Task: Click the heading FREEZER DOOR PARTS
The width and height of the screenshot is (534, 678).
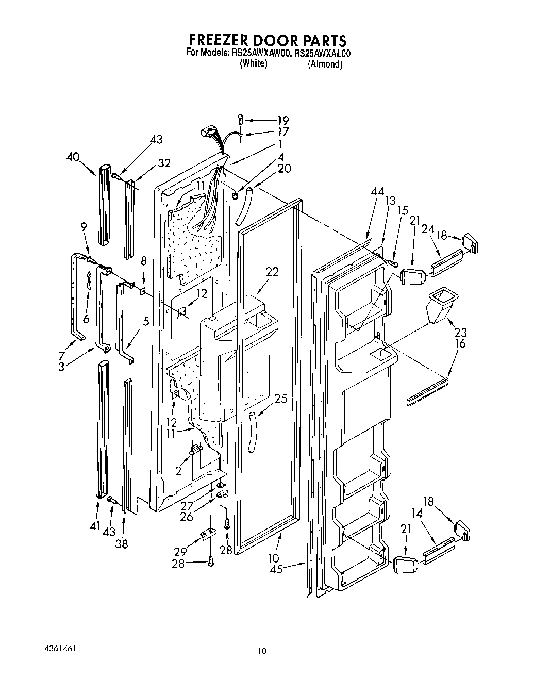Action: pos(266,40)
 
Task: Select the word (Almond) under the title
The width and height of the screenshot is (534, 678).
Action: pos(325,64)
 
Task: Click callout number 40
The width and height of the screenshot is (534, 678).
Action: pos(74,157)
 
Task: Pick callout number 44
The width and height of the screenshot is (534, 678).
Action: pos(377,191)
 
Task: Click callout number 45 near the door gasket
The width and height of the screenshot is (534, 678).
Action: pos(276,570)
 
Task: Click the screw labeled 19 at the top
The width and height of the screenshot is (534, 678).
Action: pos(241,119)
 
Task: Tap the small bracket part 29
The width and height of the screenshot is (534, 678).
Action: pos(208,535)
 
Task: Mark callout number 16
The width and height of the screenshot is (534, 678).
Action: pos(460,343)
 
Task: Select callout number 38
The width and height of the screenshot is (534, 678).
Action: pos(122,543)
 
